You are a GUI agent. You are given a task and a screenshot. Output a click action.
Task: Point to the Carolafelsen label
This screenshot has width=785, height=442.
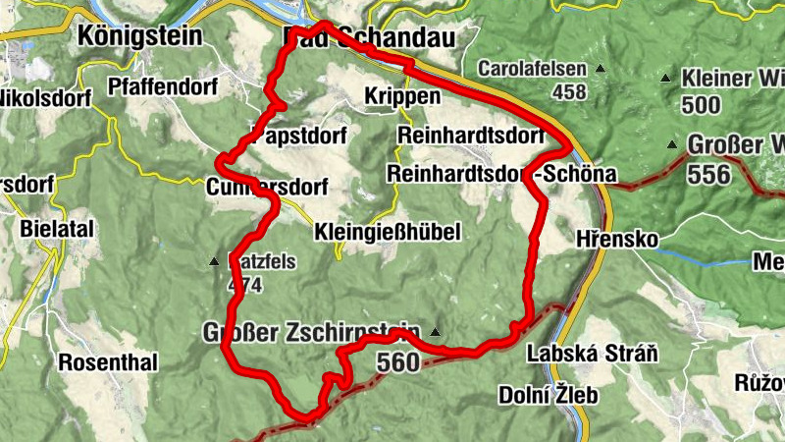[532, 69]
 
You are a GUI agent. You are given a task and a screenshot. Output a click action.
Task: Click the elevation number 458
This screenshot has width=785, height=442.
[568, 92]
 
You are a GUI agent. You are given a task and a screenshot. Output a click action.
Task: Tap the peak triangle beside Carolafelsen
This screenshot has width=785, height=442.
[600, 70]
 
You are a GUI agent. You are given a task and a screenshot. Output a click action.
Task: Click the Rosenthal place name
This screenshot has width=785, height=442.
[108, 362]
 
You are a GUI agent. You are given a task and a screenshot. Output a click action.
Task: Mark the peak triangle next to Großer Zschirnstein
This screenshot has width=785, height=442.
[435, 331]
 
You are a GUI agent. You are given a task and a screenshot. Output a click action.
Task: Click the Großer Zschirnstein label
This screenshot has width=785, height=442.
[312, 331]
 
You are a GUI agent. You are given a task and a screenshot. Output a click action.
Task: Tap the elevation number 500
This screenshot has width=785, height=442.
[701, 105]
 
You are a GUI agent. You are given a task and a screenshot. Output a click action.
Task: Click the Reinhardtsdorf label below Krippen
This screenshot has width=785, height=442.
[472, 134]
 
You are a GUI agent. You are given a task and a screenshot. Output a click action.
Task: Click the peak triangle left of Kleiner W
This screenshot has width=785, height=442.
[666, 78]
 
